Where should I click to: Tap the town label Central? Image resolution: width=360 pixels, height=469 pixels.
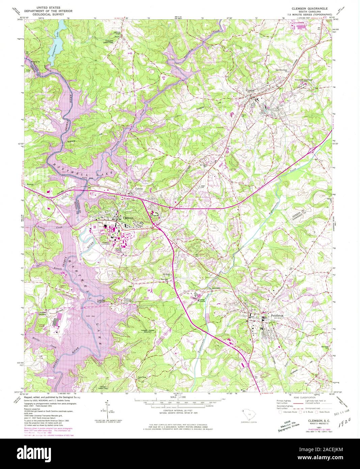coord(251,90)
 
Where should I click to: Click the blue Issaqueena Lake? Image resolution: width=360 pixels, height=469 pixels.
coord(56,44)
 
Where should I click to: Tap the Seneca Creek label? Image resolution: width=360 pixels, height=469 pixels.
coord(54,227)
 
